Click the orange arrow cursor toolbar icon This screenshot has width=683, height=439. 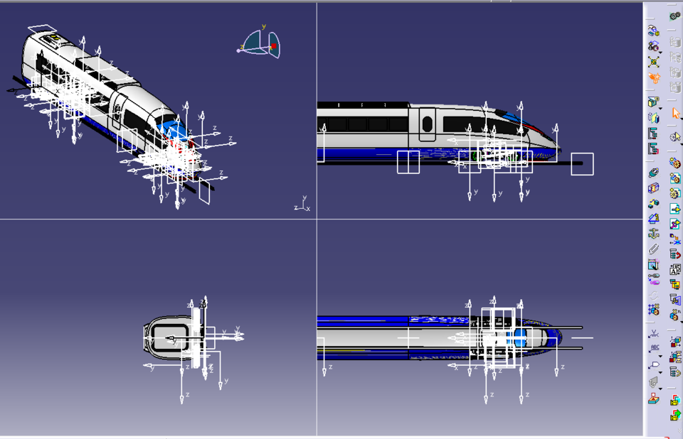point(675,114)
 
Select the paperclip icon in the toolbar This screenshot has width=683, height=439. point(653,249)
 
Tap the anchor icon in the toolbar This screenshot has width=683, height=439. point(653,234)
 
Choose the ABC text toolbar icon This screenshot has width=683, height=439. point(654,348)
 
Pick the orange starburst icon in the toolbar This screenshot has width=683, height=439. point(653,77)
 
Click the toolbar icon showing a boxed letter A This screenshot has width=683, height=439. point(675,270)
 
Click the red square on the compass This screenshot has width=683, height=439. point(273,47)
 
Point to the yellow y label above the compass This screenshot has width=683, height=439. point(264,27)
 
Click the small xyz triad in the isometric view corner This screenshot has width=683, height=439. point(303,205)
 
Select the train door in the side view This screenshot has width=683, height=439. point(427,124)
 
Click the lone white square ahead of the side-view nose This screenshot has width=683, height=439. point(582,164)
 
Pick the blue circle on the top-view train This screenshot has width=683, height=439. point(519,334)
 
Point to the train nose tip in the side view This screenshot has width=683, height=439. point(560,151)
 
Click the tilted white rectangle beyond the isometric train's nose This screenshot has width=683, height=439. point(204,190)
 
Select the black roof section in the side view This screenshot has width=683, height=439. point(363,105)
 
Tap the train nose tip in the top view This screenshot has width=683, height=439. point(561,337)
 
